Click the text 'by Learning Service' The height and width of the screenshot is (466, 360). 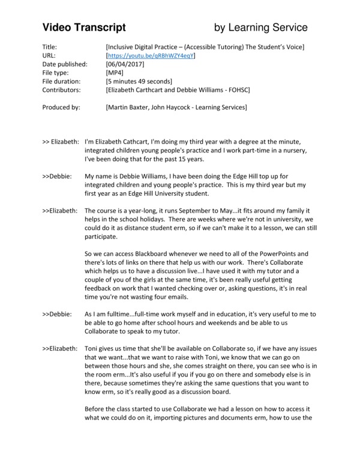261,28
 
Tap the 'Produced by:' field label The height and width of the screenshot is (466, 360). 62,107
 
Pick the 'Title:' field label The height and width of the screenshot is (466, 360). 51,46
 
